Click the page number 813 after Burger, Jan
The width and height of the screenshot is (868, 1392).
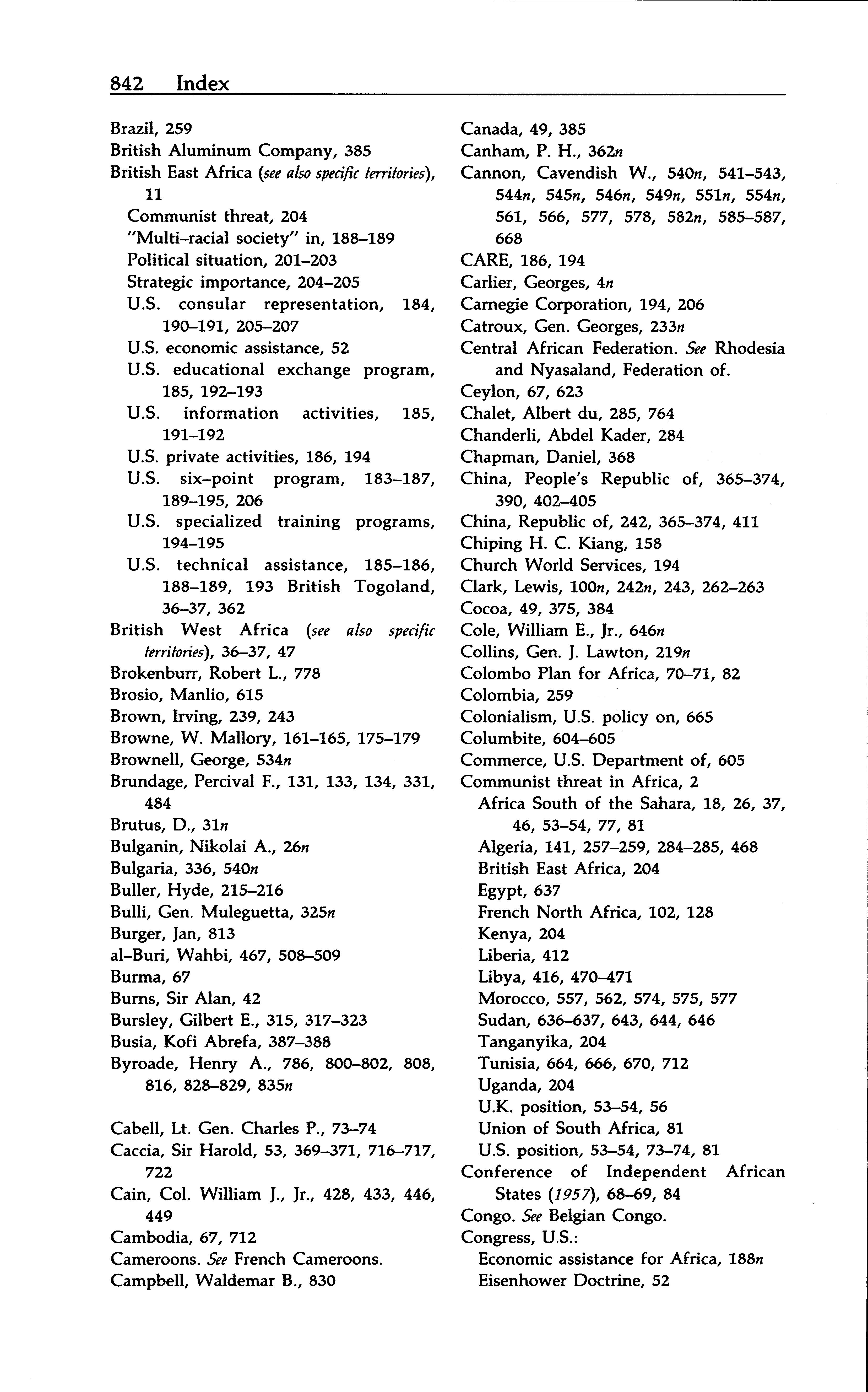[222, 934]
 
